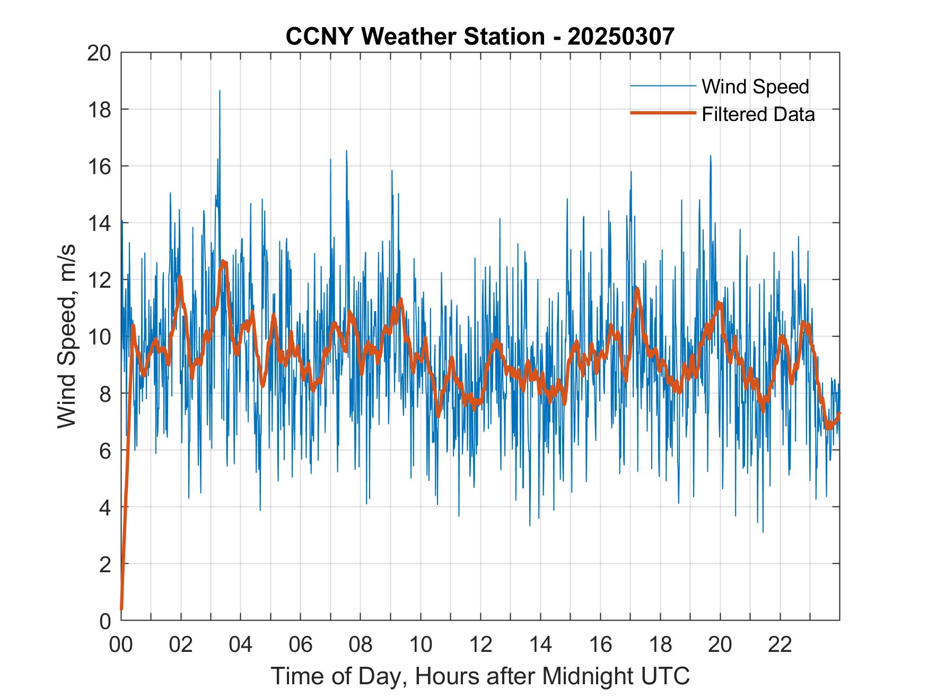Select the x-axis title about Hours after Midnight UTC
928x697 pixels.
[x=480, y=676]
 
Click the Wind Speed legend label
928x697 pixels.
[x=755, y=87]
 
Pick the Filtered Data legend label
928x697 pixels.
[x=758, y=114]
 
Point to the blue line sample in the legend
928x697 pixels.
[x=662, y=86]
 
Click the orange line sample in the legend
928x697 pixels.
[x=662, y=113]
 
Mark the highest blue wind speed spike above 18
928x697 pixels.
[x=220, y=92]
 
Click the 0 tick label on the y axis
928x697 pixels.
[x=105, y=621]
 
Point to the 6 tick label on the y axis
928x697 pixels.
[x=105, y=451]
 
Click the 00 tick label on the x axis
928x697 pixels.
[x=121, y=645]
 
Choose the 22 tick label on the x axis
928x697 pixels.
[x=780, y=645]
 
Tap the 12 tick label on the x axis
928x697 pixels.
[x=480, y=645]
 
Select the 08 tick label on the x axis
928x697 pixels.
[x=361, y=645]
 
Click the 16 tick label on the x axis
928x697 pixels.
[x=600, y=645]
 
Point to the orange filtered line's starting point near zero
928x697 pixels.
[x=121, y=608]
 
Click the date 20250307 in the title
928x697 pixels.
[x=621, y=36]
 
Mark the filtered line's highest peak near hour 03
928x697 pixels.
[x=223, y=261]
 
